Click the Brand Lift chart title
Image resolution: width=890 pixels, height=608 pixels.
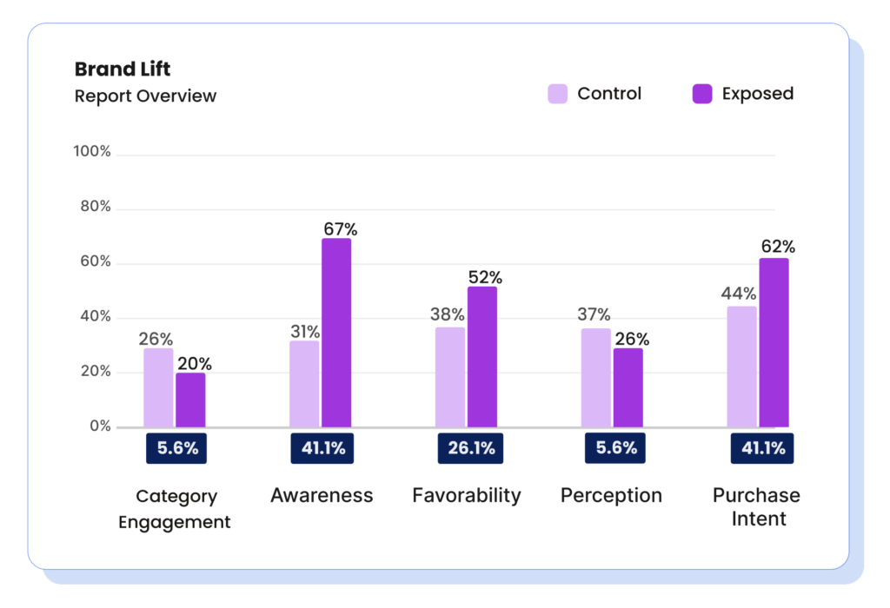(123, 69)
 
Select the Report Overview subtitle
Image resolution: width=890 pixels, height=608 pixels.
(145, 96)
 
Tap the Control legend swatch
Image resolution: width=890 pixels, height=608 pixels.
(557, 94)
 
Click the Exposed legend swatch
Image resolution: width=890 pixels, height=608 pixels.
(702, 94)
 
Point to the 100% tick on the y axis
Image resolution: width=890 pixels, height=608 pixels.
(92, 152)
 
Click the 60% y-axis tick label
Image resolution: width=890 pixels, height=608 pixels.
(94, 261)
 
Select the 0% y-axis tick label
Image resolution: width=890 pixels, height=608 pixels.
(99, 426)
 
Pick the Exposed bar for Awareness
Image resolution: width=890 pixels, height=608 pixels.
(336, 333)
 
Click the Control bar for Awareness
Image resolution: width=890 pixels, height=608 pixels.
(304, 383)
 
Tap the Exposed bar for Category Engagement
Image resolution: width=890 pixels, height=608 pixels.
(190, 400)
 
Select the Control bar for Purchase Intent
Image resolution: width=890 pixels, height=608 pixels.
(741, 366)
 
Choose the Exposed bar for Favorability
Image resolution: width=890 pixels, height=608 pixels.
(482, 356)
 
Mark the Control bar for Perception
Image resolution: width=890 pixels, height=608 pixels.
(595, 377)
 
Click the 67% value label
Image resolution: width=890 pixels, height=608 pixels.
(340, 229)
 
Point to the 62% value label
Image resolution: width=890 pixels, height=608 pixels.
(778, 247)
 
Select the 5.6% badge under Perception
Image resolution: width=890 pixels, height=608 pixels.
(615, 448)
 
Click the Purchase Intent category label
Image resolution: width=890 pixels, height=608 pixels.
(756, 507)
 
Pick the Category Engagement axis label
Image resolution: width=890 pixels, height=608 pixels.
(175, 509)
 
